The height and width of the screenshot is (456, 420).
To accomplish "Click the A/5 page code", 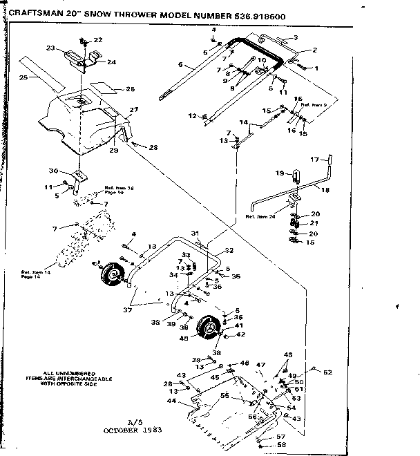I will (x=134, y=421).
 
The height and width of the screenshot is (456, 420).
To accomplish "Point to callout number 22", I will (x=97, y=40).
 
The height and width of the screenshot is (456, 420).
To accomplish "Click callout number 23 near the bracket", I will (x=50, y=48).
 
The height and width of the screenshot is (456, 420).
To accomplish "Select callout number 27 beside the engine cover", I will (x=134, y=110).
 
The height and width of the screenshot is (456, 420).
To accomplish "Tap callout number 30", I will (x=53, y=171).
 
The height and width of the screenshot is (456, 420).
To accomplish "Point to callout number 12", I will (x=193, y=115).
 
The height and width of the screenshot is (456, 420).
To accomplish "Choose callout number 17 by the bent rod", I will (x=314, y=160).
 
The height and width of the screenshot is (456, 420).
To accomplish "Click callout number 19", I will (x=280, y=172).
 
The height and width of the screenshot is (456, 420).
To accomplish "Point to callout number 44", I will (x=170, y=400).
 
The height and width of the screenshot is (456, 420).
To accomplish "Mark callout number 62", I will (x=327, y=372).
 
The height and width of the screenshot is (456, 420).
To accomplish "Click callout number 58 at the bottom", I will (x=281, y=446).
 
